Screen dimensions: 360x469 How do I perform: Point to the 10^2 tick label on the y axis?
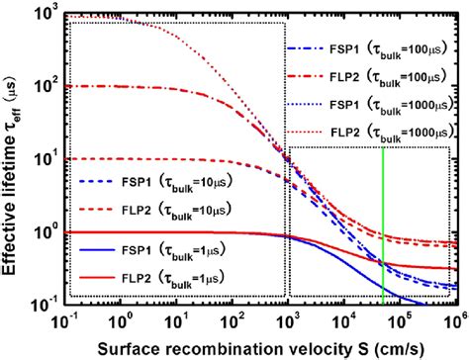pos(44,88)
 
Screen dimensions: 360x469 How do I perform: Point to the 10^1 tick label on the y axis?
pos(44,159)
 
